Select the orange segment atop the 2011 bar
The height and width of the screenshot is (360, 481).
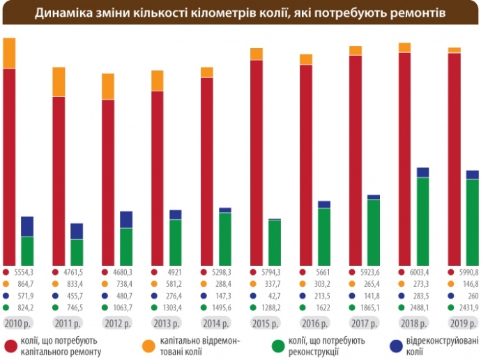pyautogui.click(x=59, y=82)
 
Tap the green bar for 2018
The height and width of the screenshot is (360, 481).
pyautogui.click(x=422, y=221)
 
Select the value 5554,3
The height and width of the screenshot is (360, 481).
pyautogui.click(x=24, y=272)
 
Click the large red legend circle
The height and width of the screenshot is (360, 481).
pyautogui.click(x=11, y=345)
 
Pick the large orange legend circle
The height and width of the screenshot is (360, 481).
pyautogui.click(x=148, y=345)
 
